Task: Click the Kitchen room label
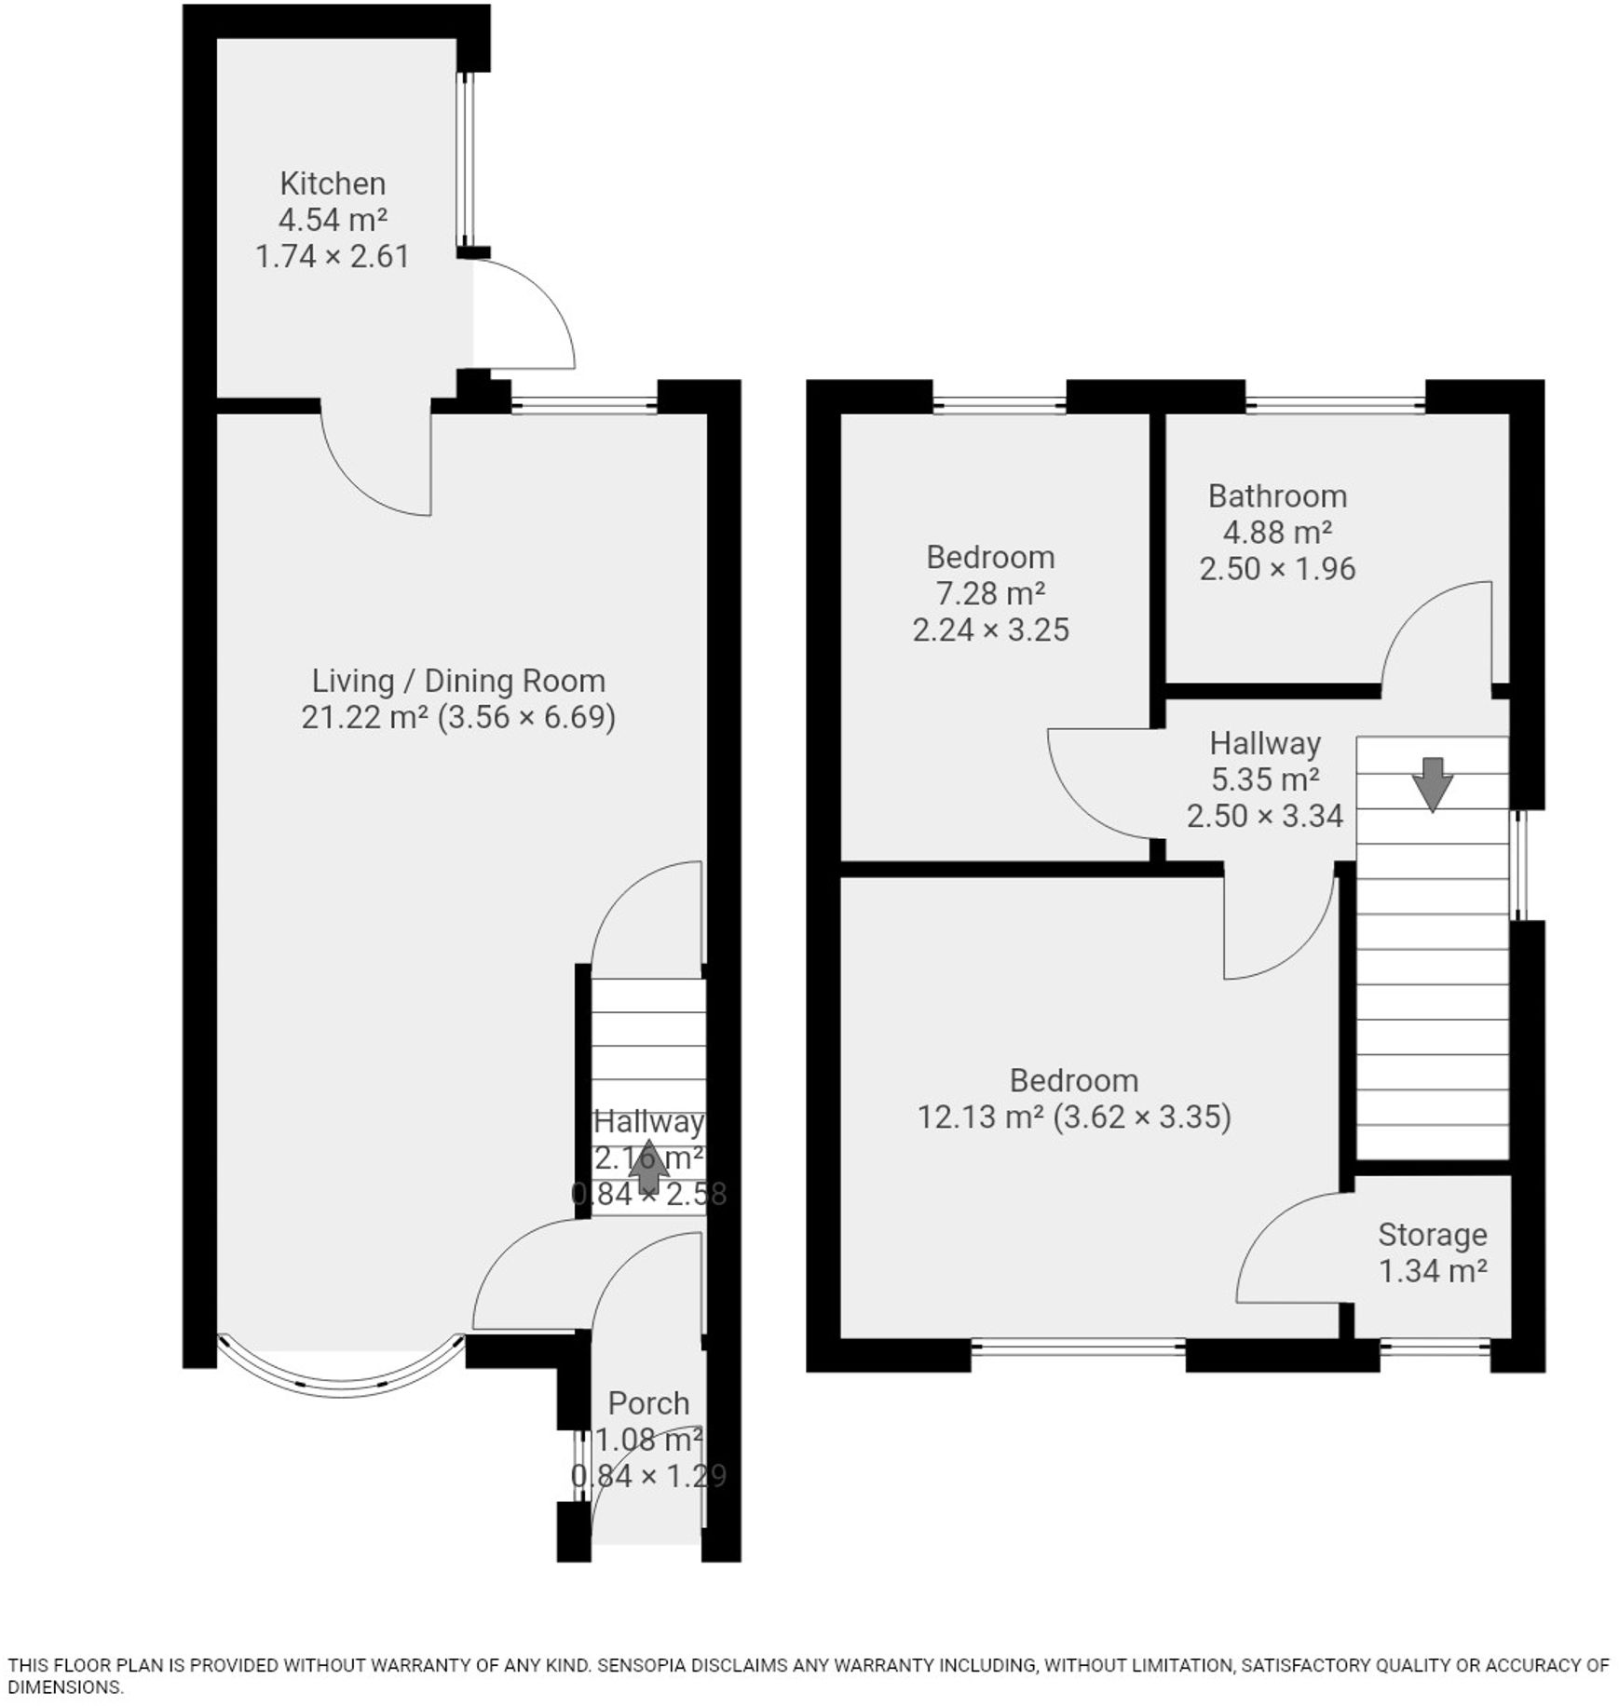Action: click(x=333, y=183)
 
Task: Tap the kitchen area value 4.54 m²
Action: click(x=333, y=220)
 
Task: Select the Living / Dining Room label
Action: click(x=457, y=681)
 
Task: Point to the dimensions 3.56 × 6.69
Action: click(x=526, y=717)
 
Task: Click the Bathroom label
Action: click(x=1276, y=495)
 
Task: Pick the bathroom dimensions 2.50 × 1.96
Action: click(x=1276, y=568)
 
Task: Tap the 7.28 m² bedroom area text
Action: click(x=989, y=593)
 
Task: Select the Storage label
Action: click(x=1432, y=1234)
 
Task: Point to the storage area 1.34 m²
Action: click(x=1432, y=1270)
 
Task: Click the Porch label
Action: click(x=648, y=1402)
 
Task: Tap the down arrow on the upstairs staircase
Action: click(x=1432, y=783)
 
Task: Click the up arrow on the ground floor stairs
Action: click(x=648, y=1168)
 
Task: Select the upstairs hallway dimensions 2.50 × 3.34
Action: click(x=1264, y=816)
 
